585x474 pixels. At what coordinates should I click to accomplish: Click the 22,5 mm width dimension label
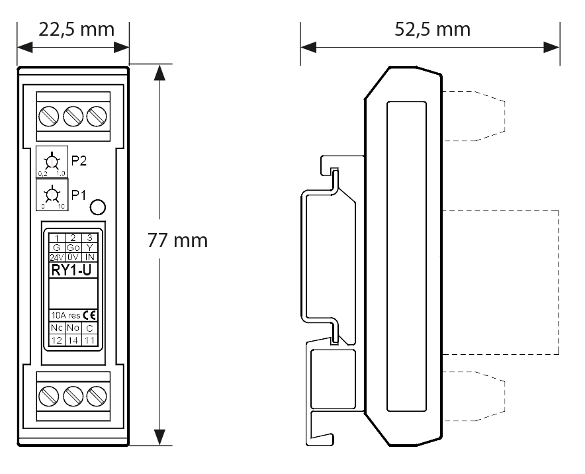tap(73, 30)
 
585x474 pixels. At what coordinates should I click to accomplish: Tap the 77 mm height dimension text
tap(177, 240)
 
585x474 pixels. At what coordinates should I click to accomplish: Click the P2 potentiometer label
tap(79, 162)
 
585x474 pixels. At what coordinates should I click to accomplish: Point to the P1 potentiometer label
tap(79, 195)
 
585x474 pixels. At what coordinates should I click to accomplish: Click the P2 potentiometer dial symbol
tap(50, 161)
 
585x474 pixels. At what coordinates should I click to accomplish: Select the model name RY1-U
tap(72, 269)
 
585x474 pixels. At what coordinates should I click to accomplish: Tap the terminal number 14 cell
tap(73, 340)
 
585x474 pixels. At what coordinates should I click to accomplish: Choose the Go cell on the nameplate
tap(73, 248)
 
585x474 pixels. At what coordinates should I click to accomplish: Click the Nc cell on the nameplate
tap(56, 328)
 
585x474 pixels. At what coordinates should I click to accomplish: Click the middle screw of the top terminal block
tap(73, 116)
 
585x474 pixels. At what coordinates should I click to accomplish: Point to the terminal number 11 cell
tap(89, 340)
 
